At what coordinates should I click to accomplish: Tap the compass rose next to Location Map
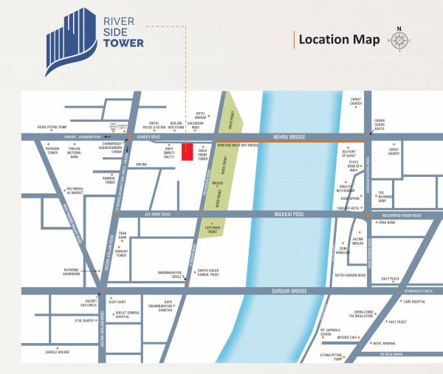pyautogui.click(x=400, y=39)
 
